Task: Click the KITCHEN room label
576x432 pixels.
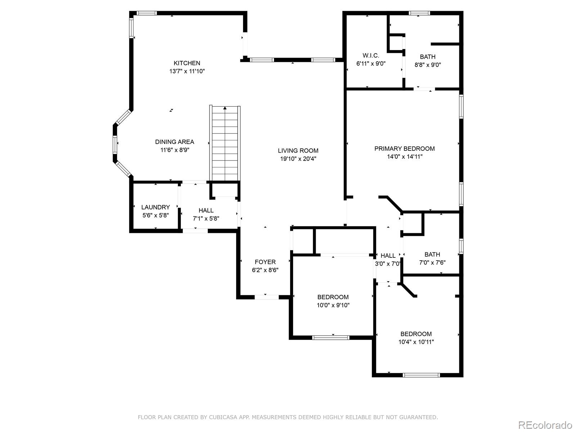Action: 187,63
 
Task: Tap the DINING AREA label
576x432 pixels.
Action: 175,142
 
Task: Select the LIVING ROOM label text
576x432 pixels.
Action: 298,151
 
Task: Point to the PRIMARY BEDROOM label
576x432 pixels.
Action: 404,149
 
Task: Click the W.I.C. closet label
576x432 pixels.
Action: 371,55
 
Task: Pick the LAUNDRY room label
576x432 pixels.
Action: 156,207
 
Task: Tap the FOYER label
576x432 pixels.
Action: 265,262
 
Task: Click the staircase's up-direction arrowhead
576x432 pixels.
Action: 225,108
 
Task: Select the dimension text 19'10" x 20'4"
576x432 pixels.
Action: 298,159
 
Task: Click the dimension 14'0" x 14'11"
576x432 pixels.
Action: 404,157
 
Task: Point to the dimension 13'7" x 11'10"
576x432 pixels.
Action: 187,71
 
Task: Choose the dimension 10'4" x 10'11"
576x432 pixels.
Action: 416,342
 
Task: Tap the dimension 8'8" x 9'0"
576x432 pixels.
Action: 427,65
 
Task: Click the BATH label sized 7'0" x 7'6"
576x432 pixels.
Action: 432,255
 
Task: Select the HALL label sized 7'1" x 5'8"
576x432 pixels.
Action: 206,211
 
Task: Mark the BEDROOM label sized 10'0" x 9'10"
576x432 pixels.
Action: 333,297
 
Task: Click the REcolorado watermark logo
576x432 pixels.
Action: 545,425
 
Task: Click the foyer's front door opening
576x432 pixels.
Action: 267,297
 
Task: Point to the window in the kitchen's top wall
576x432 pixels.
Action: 147,13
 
